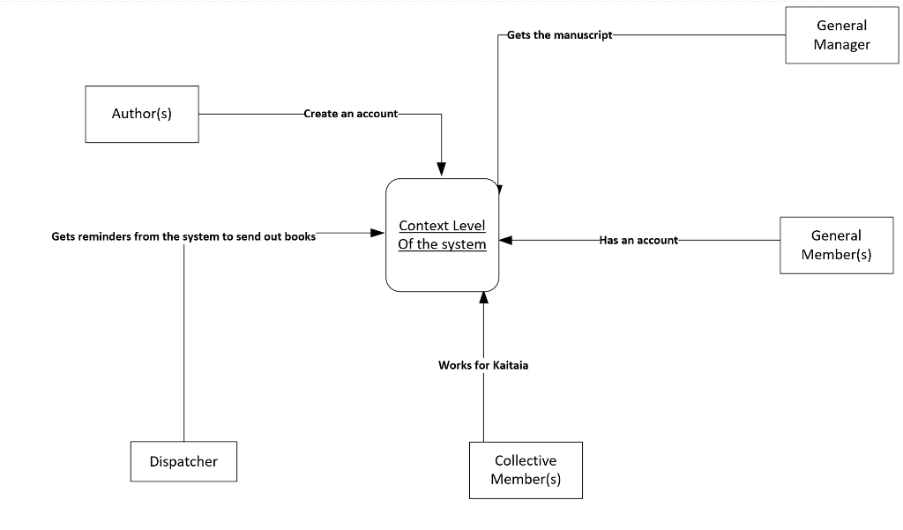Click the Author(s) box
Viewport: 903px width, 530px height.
pyautogui.click(x=142, y=114)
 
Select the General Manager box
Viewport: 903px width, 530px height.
pyautogui.click(x=841, y=35)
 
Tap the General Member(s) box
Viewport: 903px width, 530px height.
pyautogui.click(x=836, y=245)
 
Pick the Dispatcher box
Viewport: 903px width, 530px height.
pyautogui.click(x=183, y=461)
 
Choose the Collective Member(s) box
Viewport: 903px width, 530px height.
pyautogui.click(x=526, y=471)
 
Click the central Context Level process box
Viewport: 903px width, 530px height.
pyautogui.click(x=443, y=235)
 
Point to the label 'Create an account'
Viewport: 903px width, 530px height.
pyautogui.click(x=350, y=114)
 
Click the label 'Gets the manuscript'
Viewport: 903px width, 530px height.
pyautogui.click(x=559, y=35)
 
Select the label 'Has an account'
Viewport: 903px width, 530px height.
pyautogui.click(x=638, y=240)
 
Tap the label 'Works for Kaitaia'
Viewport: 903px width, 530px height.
pyautogui.click(x=483, y=365)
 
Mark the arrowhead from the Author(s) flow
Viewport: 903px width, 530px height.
pyautogui.click(x=442, y=168)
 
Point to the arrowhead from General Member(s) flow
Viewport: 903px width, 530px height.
pyautogui.click(x=505, y=239)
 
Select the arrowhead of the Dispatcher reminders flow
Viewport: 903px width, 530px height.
pyautogui.click(x=378, y=233)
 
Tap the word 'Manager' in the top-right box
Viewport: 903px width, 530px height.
pyautogui.click(x=841, y=45)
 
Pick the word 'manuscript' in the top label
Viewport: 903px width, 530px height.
pyautogui.click(x=582, y=35)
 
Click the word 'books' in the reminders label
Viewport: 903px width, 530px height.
pyautogui.click(x=300, y=237)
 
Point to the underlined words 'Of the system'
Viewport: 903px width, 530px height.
pyautogui.click(x=442, y=244)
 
